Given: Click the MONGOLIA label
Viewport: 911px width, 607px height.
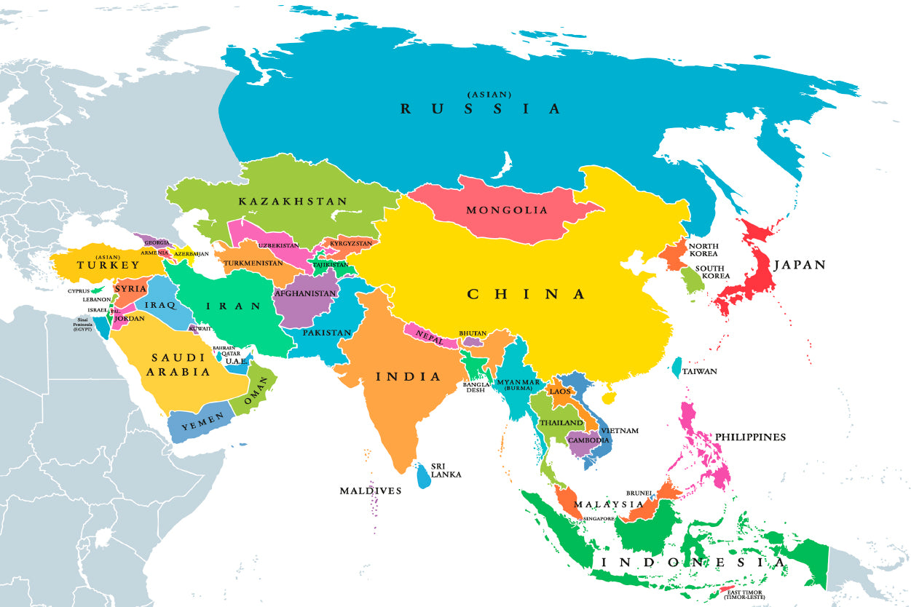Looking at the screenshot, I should click(x=507, y=210).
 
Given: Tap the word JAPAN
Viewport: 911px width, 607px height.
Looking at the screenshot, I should click(x=800, y=265).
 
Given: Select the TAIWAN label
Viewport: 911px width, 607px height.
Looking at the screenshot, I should click(x=699, y=371).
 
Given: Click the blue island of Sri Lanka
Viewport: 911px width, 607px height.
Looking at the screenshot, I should click(x=423, y=476).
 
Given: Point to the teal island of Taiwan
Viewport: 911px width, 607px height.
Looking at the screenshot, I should click(x=677, y=368).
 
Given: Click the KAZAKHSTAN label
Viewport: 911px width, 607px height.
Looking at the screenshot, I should click(x=293, y=201).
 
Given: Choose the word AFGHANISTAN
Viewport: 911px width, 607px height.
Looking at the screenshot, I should click(x=306, y=294).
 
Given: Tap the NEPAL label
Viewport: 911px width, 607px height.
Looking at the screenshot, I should click(x=429, y=335).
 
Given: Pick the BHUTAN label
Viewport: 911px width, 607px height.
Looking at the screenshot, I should click(x=472, y=333).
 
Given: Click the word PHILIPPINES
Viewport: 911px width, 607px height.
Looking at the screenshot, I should click(x=750, y=437).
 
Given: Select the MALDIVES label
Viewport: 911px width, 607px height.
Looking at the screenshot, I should click(x=370, y=491).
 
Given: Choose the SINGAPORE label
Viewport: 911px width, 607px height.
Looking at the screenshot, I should click(x=598, y=518).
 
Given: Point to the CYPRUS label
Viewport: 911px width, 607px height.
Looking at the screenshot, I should click(x=79, y=291).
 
